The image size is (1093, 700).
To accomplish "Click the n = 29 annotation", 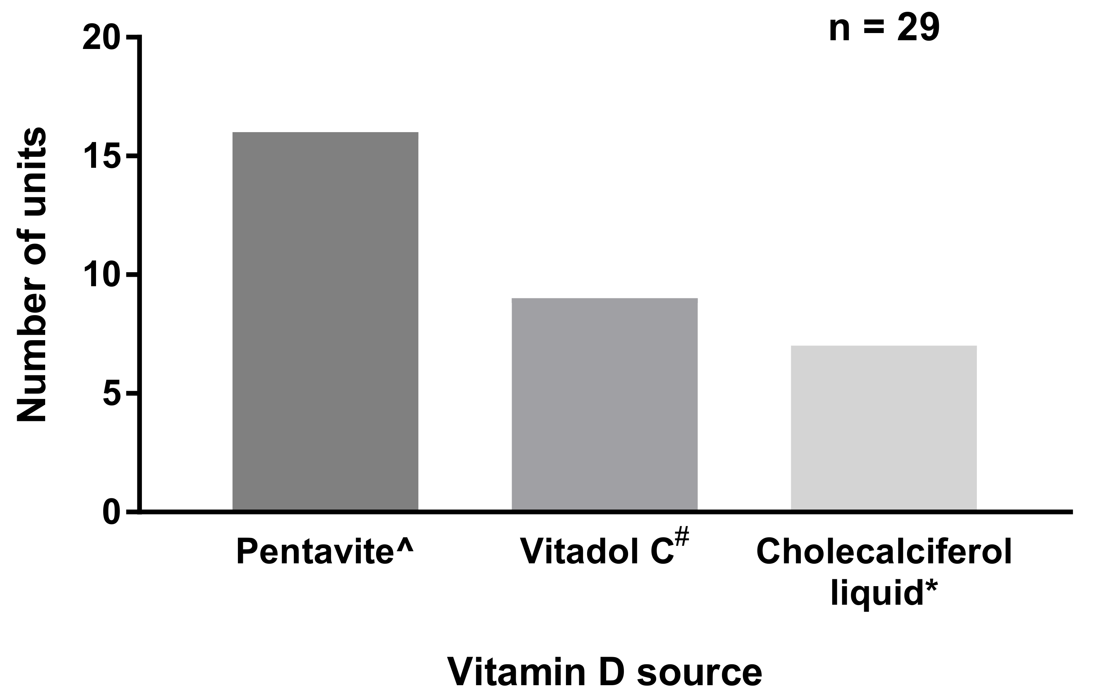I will tap(884, 28).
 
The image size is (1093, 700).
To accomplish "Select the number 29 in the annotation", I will tap(918, 28).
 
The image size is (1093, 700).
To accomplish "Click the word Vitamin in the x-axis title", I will tap(516, 672).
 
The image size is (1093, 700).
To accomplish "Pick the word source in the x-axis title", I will tap(699, 672).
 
